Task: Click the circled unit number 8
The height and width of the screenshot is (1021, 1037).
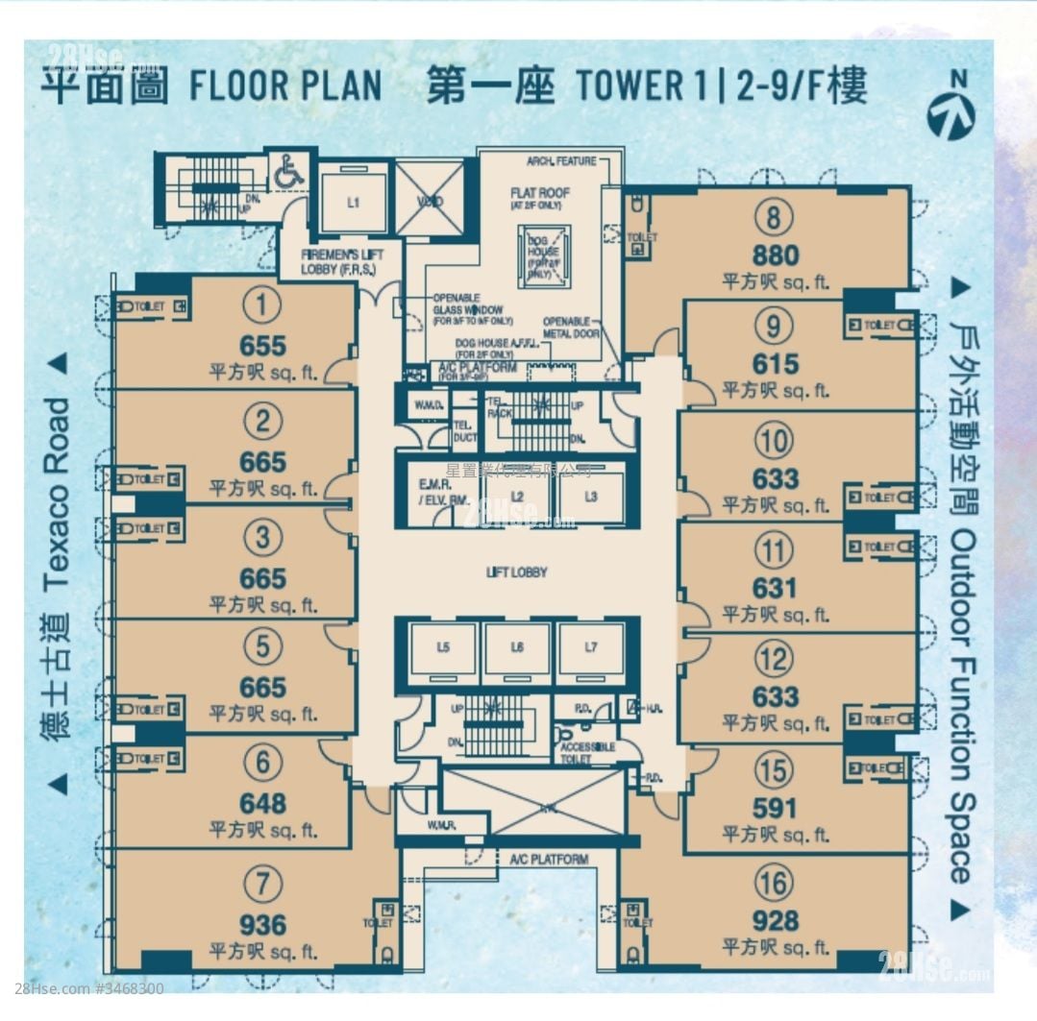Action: click(x=775, y=219)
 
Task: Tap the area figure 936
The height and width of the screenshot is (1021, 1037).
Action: click(x=262, y=925)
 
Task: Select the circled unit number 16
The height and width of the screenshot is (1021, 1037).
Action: click(x=775, y=883)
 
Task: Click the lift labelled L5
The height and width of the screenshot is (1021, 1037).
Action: click(x=442, y=647)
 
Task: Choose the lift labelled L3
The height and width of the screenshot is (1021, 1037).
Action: click(x=591, y=497)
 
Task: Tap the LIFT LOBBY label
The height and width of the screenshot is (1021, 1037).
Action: click(x=517, y=572)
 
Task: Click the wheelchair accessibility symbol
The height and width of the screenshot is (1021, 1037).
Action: click(x=285, y=174)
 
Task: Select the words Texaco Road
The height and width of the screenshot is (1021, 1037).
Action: click(x=57, y=495)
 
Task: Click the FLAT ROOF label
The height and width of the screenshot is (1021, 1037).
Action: click(x=540, y=193)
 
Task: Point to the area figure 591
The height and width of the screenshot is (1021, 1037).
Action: click(x=775, y=809)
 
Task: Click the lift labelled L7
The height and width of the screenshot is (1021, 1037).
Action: click(x=591, y=647)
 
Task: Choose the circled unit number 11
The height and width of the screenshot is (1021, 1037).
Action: click(x=775, y=551)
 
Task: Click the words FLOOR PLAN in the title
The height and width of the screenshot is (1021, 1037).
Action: click(x=285, y=86)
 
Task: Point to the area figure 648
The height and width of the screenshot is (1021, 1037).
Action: click(x=262, y=803)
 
